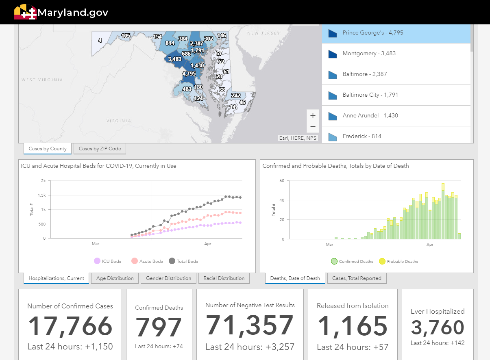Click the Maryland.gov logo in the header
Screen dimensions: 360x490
point(61,12)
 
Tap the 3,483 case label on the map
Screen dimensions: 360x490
point(174,59)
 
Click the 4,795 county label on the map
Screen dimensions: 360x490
point(189,74)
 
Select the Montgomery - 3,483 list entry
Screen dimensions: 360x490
point(369,53)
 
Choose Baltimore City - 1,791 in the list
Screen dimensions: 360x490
point(370,95)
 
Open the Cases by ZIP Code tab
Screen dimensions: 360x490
point(100,149)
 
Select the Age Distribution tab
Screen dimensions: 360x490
point(115,278)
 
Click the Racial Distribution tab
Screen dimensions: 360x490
point(224,278)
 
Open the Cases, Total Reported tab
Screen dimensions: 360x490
point(357,278)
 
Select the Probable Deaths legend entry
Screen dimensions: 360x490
point(398,261)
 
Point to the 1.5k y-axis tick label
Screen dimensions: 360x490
point(42,195)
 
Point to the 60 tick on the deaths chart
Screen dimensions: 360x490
point(281,180)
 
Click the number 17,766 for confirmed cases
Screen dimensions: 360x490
point(70,326)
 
